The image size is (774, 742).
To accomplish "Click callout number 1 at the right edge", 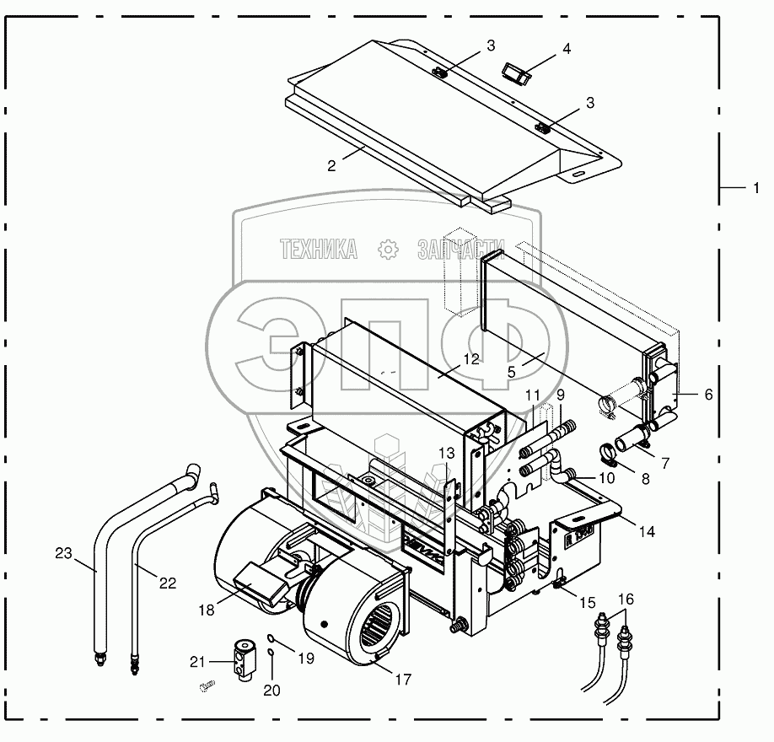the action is (x=756, y=187).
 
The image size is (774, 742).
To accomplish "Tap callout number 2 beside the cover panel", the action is (x=332, y=166).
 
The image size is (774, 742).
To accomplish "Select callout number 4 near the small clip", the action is (x=567, y=49).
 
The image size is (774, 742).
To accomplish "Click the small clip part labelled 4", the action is (x=515, y=73).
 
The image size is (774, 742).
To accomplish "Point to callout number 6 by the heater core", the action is (x=708, y=394).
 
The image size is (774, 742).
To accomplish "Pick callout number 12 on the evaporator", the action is (x=470, y=359).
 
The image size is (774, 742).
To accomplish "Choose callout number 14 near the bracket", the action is (x=646, y=532).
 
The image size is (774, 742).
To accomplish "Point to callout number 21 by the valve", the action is (x=196, y=660).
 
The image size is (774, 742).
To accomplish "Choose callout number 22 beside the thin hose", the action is (x=168, y=583).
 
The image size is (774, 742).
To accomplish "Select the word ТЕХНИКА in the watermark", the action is (x=319, y=248).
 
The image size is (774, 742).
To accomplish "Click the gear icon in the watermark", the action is (x=387, y=249).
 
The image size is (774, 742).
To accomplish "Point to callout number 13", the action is (x=446, y=453).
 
